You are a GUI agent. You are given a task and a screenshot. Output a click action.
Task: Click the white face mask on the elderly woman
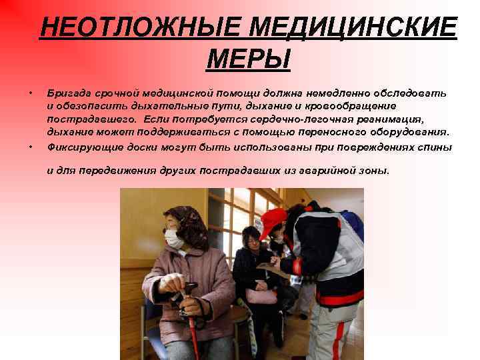tap(174, 239)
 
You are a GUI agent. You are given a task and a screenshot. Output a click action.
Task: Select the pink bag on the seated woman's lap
tap(261, 296)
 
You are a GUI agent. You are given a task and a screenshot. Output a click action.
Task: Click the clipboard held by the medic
tap(270, 267)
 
